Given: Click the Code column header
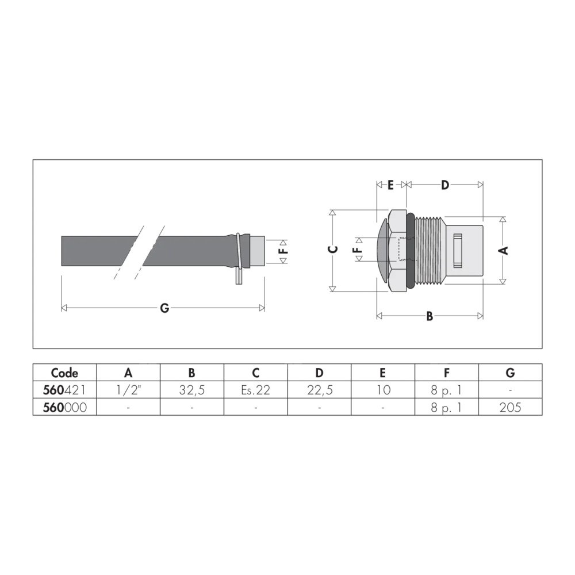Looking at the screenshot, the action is pyautogui.click(x=64, y=373).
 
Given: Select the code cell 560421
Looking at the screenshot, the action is pyautogui.click(x=64, y=390).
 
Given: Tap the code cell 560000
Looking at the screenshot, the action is pyautogui.click(x=64, y=407).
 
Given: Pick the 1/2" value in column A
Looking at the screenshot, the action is pyautogui.click(x=128, y=390).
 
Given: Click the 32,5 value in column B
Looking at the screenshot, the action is pyautogui.click(x=192, y=390).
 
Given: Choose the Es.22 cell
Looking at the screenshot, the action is pyautogui.click(x=256, y=390).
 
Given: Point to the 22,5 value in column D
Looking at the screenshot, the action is pyautogui.click(x=320, y=390).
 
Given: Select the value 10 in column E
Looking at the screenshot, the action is pyautogui.click(x=383, y=390).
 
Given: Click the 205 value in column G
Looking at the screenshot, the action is pyautogui.click(x=510, y=407).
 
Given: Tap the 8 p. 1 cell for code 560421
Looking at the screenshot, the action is pyautogui.click(x=446, y=390).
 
